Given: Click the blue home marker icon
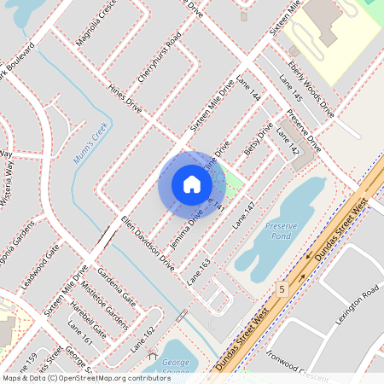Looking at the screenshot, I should coord(192,184).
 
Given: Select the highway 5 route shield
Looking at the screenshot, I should coord(281,289).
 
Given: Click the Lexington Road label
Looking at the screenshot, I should coord(356,305).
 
